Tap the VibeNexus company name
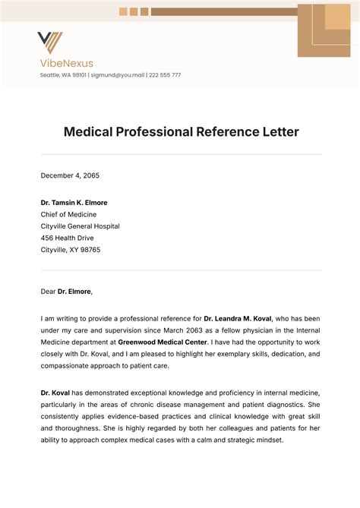(67, 63)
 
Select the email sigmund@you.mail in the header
(118, 75)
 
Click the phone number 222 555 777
(164, 75)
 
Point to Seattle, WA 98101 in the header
(64, 75)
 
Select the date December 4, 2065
(70, 175)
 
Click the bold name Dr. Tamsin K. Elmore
(74, 203)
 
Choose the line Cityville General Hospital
(80, 226)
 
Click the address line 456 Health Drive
(68, 238)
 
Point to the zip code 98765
(90, 250)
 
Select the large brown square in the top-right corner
(324, 30)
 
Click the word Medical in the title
(90, 132)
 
